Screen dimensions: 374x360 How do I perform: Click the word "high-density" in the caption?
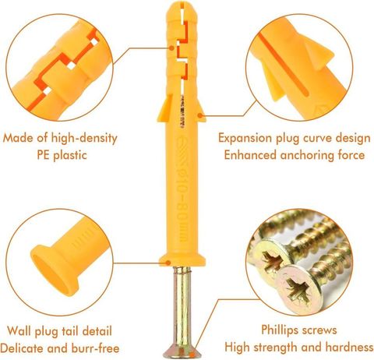(84, 138)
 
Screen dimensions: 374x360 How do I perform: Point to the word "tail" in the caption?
(70, 330)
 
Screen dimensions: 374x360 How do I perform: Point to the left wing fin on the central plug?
(164, 108)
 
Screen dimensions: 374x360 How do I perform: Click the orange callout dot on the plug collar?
(168, 263)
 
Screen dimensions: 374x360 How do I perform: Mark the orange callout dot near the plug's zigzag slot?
(171, 48)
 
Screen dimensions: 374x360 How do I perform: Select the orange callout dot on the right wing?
(200, 115)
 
